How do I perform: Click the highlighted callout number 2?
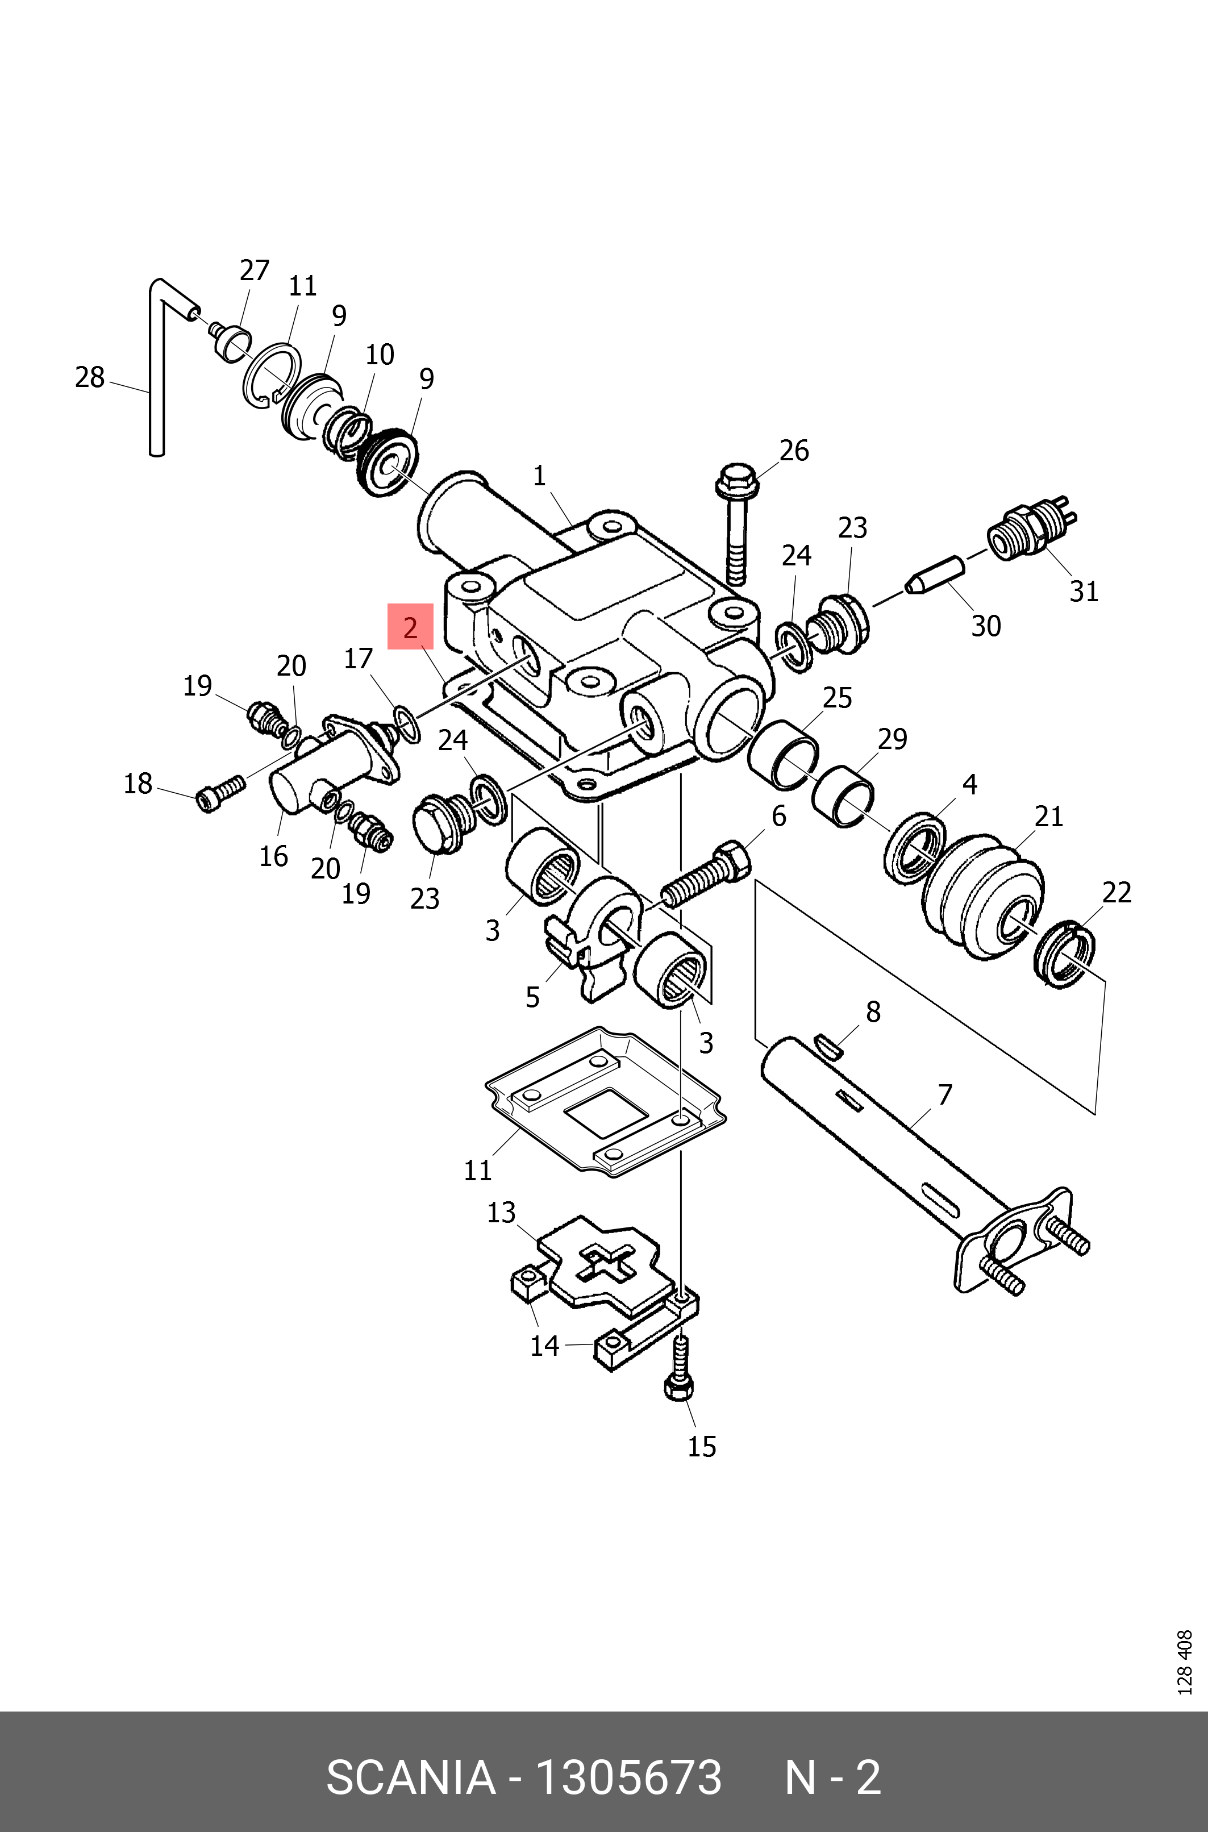click(410, 627)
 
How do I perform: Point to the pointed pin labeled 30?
click(935, 574)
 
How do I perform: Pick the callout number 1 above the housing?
click(539, 476)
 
